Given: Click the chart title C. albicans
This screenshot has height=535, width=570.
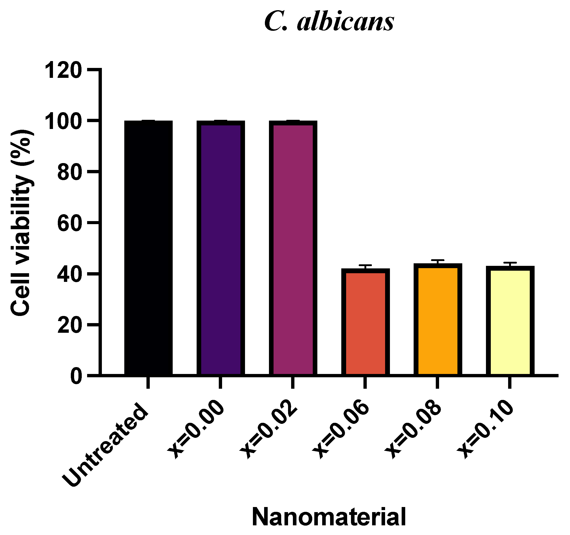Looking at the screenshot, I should [329, 22].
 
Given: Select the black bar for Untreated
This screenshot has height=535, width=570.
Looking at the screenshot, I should [148, 248].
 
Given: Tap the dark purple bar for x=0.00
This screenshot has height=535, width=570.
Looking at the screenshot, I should [221, 248].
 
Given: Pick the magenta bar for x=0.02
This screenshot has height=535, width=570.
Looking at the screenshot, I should [293, 248].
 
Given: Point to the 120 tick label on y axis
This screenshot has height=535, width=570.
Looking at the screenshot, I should [63, 70].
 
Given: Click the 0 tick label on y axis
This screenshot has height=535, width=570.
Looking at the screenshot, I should [76, 376].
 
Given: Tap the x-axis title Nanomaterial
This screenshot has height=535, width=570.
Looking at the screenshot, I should [329, 516].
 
